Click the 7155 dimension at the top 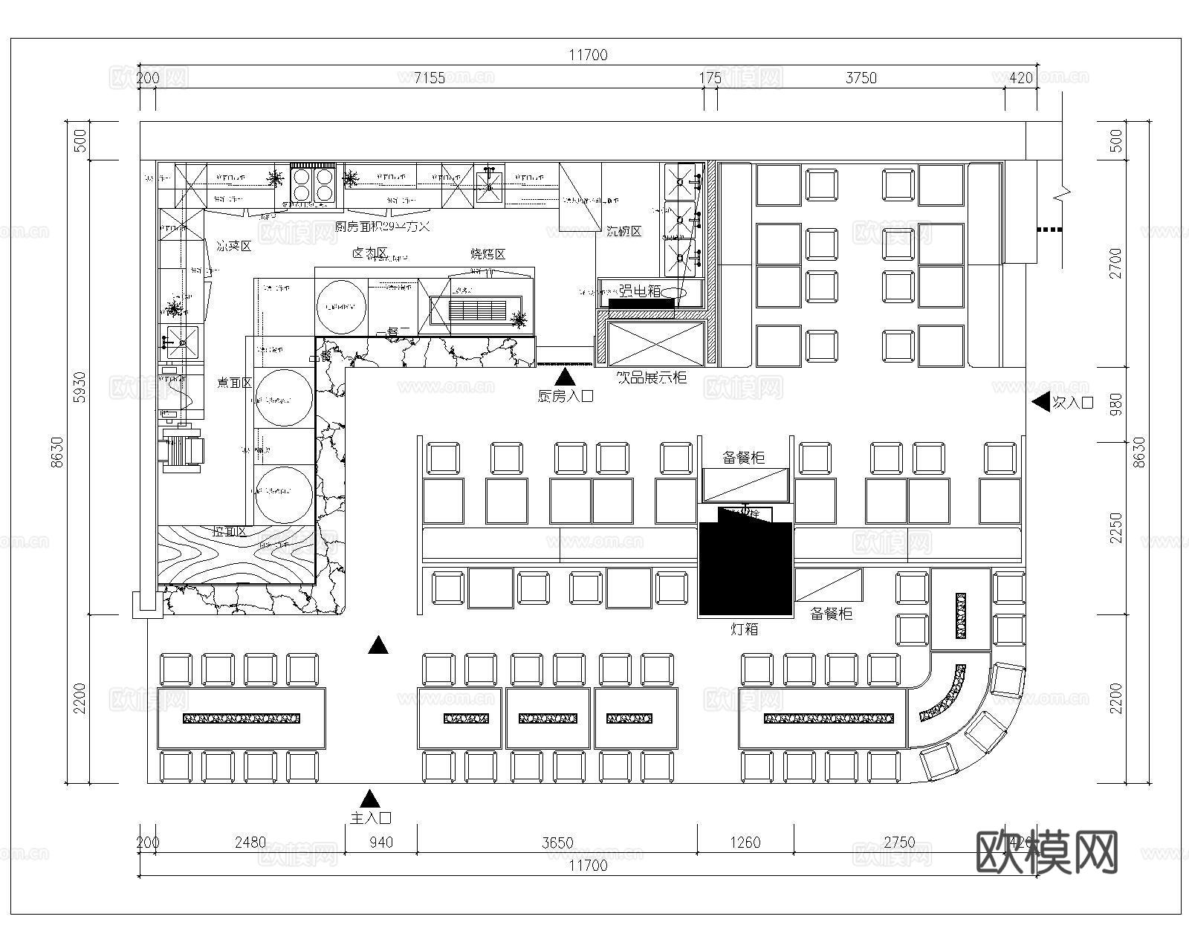(x=430, y=78)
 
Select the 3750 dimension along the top (x=861, y=78)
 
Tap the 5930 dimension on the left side (x=80, y=387)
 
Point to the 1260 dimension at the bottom (x=745, y=842)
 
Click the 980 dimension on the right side (x=1115, y=404)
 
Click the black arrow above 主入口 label (x=369, y=799)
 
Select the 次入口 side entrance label (x=1074, y=403)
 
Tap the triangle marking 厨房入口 (x=565, y=377)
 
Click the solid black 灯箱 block (x=745, y=568)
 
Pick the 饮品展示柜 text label (x=652, y=377)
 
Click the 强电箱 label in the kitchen (x=640, y=291)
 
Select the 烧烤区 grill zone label (x=488, y=254)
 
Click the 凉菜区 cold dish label (x=234, y=246)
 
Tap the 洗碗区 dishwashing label (x=623, y=231)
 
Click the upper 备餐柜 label (x=744, y=458)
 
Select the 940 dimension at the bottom (x=381, y=842)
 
